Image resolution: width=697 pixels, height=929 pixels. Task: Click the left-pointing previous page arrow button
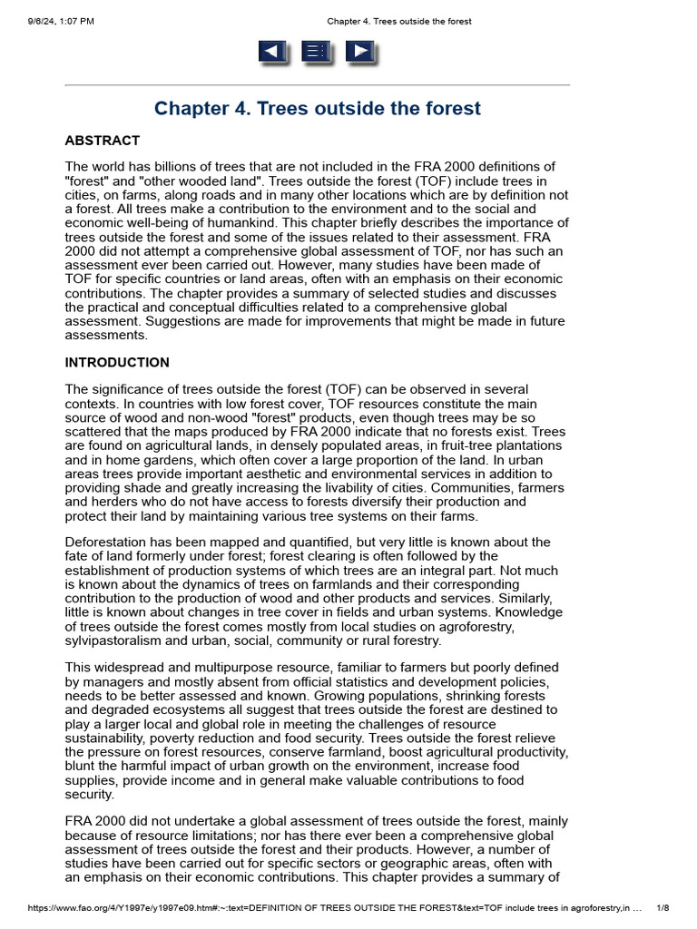coord(273,52)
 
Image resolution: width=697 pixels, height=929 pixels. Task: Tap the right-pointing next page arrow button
coord(361,52)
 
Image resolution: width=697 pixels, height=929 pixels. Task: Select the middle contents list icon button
coord(317,52)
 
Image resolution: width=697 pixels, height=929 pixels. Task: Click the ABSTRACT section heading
coord(103,141)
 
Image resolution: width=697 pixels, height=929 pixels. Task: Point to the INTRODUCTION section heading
coord(117,363)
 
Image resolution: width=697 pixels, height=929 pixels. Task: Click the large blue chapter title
coord(317,109)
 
